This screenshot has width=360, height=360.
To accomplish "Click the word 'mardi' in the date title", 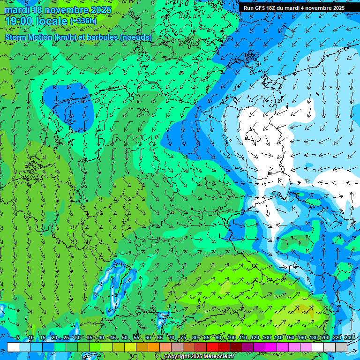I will click(x=16, y=10).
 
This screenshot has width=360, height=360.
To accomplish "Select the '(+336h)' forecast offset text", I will click(x=83, y=21).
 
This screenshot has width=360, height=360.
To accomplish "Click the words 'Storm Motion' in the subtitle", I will click(x=29, y=37).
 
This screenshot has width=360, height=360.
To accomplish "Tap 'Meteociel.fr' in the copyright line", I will click(x=215, y=357).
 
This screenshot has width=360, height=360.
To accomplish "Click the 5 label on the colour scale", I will click(x=18, y=337).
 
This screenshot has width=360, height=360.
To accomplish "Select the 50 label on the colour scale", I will click(x=125, y=337).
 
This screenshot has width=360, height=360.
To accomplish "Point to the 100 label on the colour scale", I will click(x=232, y=337).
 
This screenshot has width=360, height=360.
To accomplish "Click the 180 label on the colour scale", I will click(x=314, y=337).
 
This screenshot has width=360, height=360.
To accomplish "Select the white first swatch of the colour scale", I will click(x=13, y=347).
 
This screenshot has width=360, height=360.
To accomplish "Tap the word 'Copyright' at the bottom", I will click(x=176, y=357).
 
